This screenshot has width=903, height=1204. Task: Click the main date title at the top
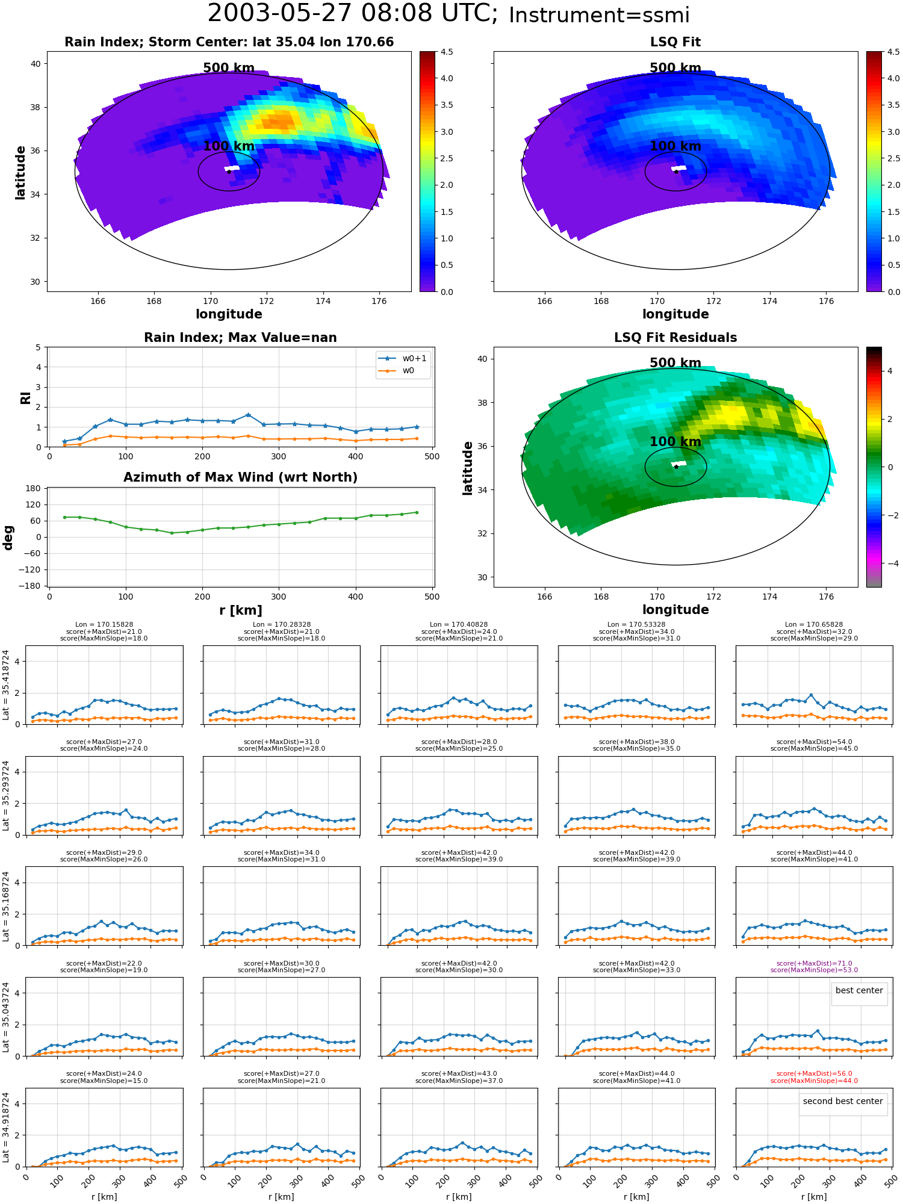[x=448, y=14]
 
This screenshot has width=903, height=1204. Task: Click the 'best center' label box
[x=859, y=990]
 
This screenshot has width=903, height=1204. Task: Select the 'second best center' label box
[x=843, y=1101]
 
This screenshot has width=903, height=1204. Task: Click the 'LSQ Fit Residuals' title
[x=675, y=338]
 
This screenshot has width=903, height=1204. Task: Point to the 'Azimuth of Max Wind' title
[x=240, y=477]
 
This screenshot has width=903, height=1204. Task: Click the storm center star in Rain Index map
[x=229, y=172]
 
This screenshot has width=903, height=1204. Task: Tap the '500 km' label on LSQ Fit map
[x=675, y=68]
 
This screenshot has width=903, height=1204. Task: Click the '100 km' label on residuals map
[x=675, y=441]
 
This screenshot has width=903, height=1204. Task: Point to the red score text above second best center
[x=814, y=1077]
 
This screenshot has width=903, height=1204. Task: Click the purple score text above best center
[x=814, y=967]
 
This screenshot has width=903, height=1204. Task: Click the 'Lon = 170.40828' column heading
[x=459, y=624]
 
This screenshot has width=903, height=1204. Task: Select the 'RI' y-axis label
[x=25, y=398]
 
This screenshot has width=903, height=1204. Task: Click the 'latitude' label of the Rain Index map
[x=20, y=172]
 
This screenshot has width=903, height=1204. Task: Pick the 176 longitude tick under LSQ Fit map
[x=826, y=301]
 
